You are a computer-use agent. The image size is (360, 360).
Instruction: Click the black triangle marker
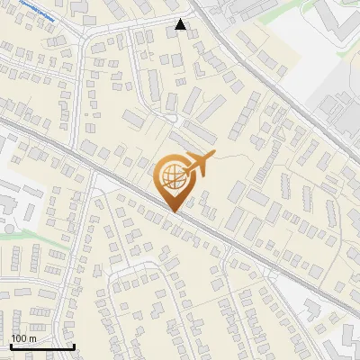(181, 25)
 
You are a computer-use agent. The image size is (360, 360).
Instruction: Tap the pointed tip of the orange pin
(173, 211)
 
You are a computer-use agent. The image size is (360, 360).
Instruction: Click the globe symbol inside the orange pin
(173, 176)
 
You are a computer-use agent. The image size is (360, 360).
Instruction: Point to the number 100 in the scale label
(17, 338)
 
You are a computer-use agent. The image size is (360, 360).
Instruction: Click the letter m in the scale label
(31, 338)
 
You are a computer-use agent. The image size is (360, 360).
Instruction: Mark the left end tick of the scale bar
(11, 345)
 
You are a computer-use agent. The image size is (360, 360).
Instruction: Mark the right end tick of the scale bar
(74, 345)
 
